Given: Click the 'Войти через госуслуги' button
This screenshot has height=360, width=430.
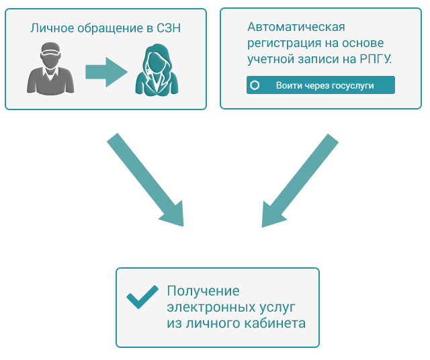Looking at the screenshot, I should pyautogui.click(x=320, y=85).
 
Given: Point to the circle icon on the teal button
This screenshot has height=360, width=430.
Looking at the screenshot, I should pyautogui.click(x=255, y=85).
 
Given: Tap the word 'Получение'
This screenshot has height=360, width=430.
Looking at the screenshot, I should pyautogui.click(x=203, y=291).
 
